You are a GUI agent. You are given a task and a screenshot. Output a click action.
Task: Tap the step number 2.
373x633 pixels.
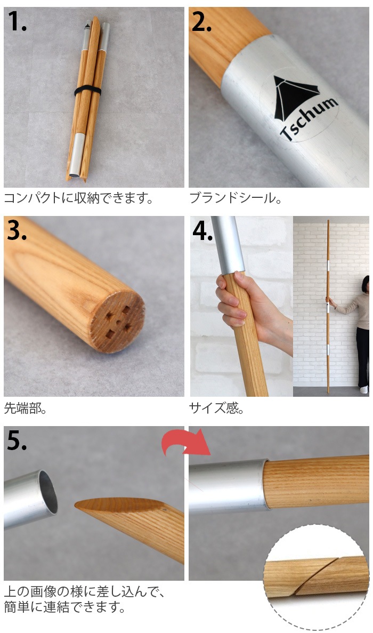click(201, 21)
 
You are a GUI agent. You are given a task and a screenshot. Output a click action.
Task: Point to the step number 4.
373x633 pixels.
click(202, 231)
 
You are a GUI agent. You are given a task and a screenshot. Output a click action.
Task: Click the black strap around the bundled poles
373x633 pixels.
click(87, 91)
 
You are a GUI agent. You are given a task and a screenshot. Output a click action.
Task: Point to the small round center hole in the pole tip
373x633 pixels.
click(118, 322)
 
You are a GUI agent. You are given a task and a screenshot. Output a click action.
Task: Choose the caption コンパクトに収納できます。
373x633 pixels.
click(78, 198)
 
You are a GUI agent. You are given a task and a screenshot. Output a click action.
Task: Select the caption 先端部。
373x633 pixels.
click(25, 408)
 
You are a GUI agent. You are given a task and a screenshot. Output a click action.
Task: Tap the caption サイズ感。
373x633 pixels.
click(216, 408)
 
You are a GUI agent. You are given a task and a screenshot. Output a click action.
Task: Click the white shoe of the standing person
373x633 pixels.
click(364, 390)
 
